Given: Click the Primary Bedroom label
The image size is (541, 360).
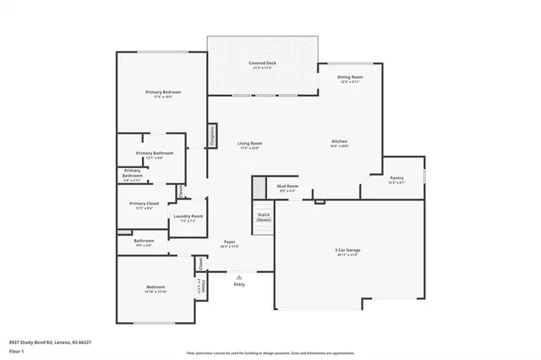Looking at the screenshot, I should (162, 92).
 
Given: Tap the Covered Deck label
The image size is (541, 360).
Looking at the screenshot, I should (262, 63).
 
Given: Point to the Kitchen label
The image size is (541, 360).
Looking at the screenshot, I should (339, 141).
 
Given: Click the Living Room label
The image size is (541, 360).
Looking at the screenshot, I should (249, 144).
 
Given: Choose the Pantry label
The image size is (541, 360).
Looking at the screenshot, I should (396, 177).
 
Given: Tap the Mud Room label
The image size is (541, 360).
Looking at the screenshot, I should (287, 186).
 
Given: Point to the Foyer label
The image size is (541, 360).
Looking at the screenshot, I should (229, 243).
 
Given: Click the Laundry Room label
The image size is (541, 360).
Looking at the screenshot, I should (188, 216).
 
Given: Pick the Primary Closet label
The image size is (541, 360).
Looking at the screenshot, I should (144, 204).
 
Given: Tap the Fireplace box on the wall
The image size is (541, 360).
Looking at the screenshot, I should (212, 135).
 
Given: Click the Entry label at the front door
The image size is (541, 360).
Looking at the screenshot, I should (239, 284).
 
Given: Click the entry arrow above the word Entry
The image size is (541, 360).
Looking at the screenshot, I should (239, 276).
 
